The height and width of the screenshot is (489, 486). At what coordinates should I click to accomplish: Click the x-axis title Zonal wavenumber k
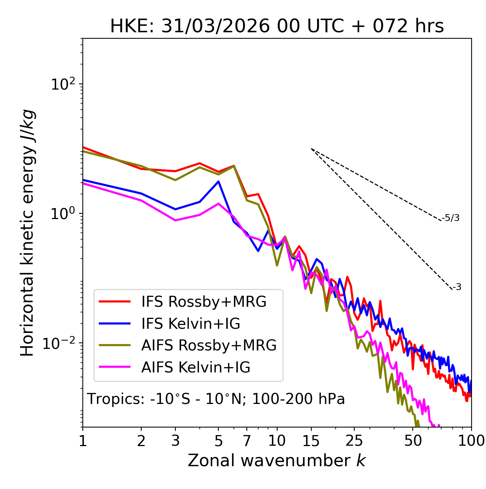click(x=276, y=461)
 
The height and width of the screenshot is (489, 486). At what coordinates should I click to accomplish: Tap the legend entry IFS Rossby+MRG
click(x=204, y=301)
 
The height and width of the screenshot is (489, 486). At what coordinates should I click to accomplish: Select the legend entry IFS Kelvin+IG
click(x=191, y=323)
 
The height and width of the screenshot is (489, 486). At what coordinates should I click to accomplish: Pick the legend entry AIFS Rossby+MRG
click(x=209, y=345)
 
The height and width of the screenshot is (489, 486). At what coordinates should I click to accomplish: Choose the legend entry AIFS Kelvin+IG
click(x=196, y=368)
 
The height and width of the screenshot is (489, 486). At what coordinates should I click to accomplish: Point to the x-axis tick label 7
click(x=247, y=441)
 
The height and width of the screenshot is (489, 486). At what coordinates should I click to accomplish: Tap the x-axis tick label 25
click(x=354, y=441)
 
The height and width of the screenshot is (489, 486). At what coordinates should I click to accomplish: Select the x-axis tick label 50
click(x=413, y=441)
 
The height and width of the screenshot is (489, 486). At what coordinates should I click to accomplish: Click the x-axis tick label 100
click(x=471, y=441)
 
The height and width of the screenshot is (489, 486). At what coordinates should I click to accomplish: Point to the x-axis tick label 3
click(x=175, y=441)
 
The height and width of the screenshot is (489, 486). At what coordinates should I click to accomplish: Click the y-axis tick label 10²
click(x=64, y=84)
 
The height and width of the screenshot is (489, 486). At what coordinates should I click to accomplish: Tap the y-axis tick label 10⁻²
click(x=61, y=343)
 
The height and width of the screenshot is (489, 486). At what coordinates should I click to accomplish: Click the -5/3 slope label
click(x=451, y=218)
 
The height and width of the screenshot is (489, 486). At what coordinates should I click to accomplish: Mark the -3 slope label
click(x=457, y=287)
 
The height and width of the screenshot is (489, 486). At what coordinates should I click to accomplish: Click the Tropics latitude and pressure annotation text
click(x=216, y=399)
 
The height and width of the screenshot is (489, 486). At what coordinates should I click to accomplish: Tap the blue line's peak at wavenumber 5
click(x=218, y=181)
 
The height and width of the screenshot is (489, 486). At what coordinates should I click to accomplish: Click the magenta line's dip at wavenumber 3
click(x=175, y=220)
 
